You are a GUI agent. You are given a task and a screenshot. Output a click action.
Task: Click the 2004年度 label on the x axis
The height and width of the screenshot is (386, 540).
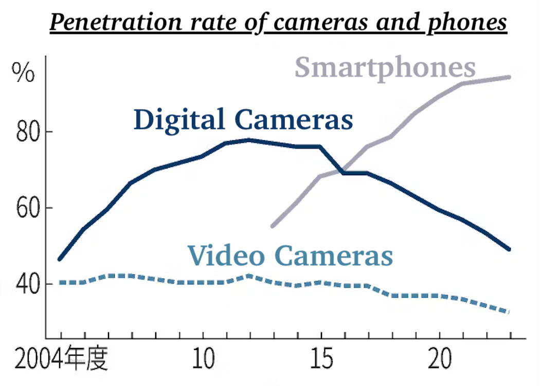click(61, 360)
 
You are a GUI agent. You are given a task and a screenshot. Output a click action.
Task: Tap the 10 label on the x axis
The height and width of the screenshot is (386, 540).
click(203, 360)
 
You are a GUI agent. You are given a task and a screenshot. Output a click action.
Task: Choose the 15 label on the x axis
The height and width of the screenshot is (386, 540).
click(321, 360)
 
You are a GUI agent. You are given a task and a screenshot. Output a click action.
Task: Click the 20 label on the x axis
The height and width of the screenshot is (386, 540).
click(440, 360)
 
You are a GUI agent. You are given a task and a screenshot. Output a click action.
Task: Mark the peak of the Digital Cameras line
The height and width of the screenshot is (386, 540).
click(249, 140)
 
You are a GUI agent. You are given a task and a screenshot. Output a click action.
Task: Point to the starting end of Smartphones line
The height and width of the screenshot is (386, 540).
click(273, 226)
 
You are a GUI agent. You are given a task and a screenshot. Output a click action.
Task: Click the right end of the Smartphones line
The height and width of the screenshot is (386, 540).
click(509, 77)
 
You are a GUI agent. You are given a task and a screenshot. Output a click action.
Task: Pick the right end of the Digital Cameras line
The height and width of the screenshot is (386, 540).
click(509, 249)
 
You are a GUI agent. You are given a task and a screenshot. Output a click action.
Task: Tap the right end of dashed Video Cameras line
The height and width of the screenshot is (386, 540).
click(509, 312)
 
